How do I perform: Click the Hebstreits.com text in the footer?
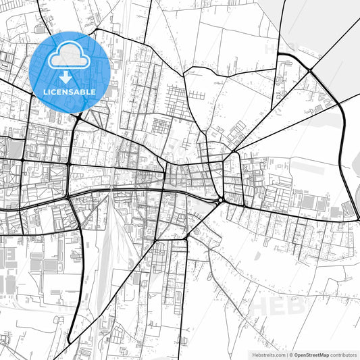point(267,354)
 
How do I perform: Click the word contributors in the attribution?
point(343,354)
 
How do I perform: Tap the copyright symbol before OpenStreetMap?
point(291,354)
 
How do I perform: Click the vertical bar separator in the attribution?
point(286,354)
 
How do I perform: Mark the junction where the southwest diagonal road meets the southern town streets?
point(156,240)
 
